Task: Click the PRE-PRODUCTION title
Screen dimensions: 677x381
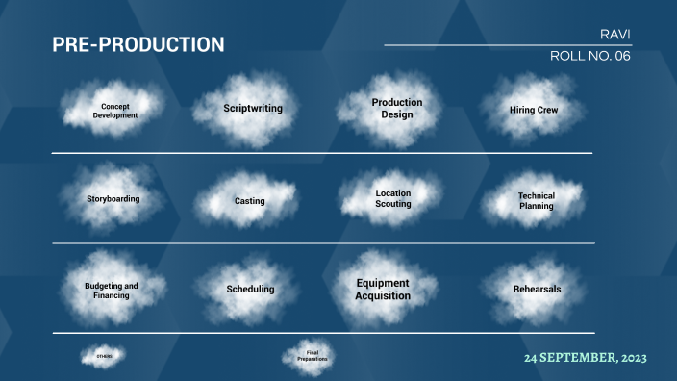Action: pos(138,44)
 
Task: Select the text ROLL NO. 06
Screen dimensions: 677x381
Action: pos(589,56)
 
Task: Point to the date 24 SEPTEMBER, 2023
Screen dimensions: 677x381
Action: pos(585,357)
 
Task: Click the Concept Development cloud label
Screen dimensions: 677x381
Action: pos(115,111)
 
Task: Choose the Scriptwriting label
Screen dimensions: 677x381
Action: pos(252,109)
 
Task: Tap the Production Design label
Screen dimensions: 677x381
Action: pos(397,109)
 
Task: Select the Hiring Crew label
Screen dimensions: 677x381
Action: pos(534,111)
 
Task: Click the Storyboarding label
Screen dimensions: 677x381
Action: pos(112,199)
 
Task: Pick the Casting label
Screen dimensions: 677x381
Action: pos(249,201)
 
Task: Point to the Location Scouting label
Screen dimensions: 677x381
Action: pos(393,198)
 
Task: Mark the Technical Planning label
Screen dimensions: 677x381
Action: pos(536,200)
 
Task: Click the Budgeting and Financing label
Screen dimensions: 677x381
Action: pos(112,291)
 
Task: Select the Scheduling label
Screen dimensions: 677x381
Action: pos(250,289)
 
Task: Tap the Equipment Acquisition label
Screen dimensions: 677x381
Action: pos(383,290)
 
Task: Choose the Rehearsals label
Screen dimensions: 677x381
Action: pos(537,289)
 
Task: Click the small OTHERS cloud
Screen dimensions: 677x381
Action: pos(104,357)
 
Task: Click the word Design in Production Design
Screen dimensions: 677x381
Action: pos(396,114)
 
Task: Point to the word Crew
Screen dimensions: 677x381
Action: pos(547,111)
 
